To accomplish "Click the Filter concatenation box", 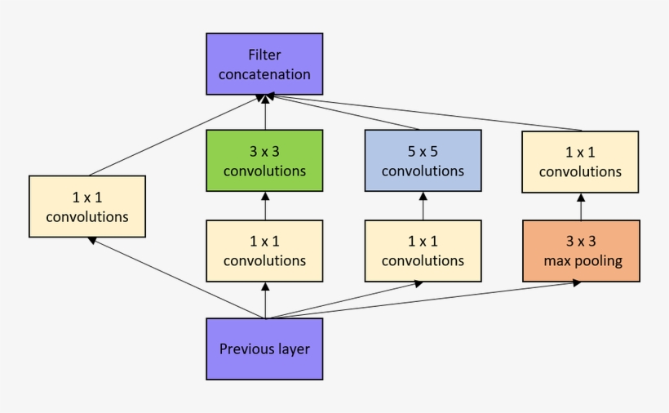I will (x=264, y=64).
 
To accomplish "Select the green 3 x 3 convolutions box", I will (x=264, y=160).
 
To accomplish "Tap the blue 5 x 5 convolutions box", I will (x=423, y=160).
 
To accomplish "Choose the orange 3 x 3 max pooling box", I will (x=581, y=251).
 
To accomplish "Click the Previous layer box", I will (x=264, y=349).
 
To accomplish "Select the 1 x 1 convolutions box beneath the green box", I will (x=264, y=251).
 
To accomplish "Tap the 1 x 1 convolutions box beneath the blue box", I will (x=423, y=251).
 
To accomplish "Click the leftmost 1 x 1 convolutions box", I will (x=87, y=206).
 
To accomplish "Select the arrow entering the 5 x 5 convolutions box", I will (x=423, y=206).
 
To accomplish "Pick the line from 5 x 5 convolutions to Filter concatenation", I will (x=343, y=113).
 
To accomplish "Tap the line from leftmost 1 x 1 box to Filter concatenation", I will (x=175, y=135).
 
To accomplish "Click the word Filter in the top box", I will (x=264, y=55).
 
